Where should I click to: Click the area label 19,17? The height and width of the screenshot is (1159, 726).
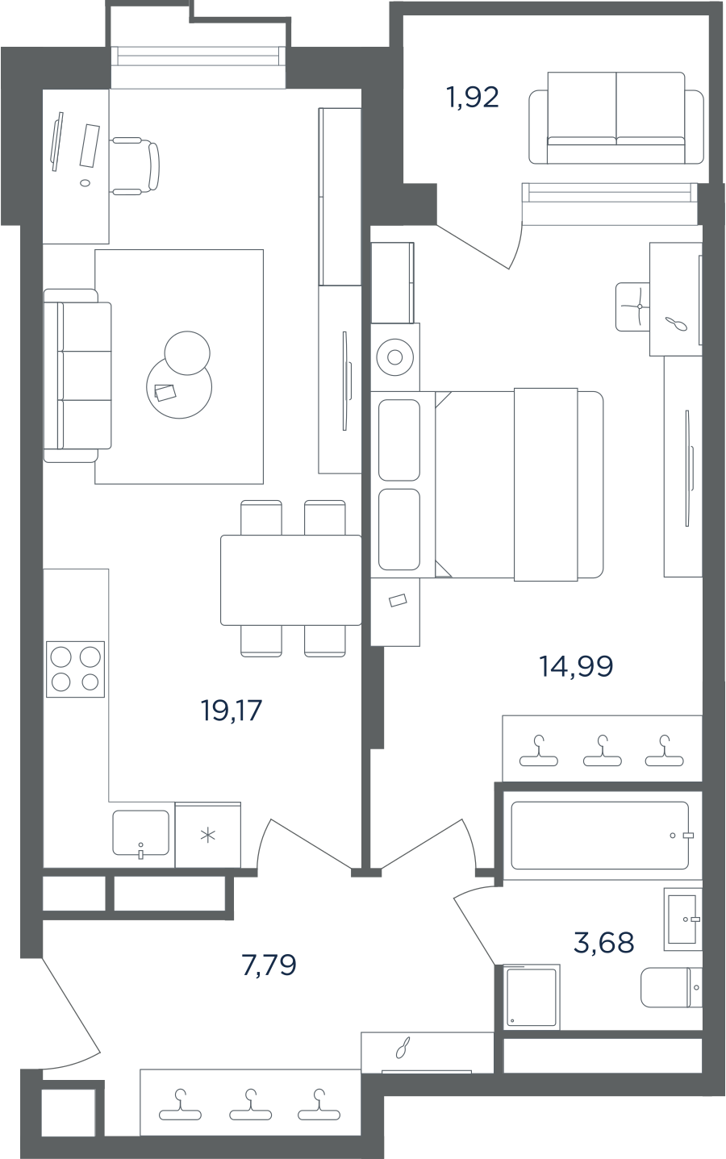[x=232, y=710]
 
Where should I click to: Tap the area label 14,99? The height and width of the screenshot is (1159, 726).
[x=576, y=666]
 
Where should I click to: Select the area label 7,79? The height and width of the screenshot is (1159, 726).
[x=269, y=965]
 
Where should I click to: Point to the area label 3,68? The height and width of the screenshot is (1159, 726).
[x=604, y=942]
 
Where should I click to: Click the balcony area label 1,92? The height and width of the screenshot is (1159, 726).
[x=473, y=98]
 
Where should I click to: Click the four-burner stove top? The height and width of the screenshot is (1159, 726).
[x=76, y=669]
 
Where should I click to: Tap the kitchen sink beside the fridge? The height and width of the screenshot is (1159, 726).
[x=140, y=832]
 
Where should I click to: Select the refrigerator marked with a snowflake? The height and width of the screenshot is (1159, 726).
[x=208, y=835]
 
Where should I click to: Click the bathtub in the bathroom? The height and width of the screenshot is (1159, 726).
[x=600, y=836]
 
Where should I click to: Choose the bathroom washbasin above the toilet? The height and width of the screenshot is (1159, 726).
[x=683, y=919]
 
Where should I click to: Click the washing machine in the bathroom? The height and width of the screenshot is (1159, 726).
[x=532, y=997]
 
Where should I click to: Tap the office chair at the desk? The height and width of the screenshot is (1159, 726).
[x=136, y=166]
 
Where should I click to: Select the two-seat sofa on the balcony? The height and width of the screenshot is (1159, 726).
[x=616, y=118]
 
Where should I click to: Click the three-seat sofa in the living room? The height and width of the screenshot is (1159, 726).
[x=77, y=375]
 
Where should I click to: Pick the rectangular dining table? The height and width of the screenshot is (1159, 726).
[x=291, y=580]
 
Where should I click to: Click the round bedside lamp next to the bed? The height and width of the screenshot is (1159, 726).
[x=394, y=357]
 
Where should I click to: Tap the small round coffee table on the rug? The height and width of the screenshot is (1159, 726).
[x=187, y=352]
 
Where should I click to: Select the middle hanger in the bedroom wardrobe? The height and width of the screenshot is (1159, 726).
[x=602, y=751]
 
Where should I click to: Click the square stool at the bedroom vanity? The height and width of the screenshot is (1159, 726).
[x=633, y=306]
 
